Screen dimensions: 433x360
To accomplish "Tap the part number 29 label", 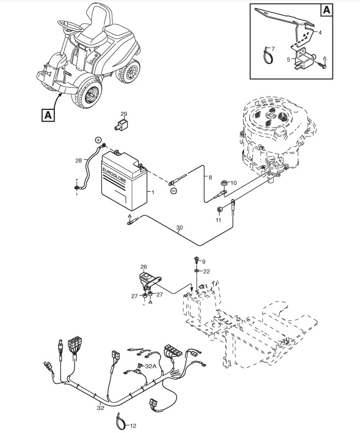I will tap(124, 114).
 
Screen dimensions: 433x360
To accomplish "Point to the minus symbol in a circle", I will tap(173, 191).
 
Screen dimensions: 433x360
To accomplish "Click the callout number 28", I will tap(78, 161).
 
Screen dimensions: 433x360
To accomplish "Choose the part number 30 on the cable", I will tap(180, 228).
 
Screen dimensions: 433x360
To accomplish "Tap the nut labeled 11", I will tap(219, 211).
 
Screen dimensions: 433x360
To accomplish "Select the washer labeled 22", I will tap(196, 270).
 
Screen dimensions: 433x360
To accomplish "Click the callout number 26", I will tap(144, 267).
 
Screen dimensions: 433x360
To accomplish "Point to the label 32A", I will tap(150, 366).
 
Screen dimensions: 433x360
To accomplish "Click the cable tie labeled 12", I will tap(119, 420).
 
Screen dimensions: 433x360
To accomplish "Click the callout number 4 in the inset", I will tap(320, 33).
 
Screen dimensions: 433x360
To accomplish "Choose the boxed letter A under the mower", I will tap(48, 115).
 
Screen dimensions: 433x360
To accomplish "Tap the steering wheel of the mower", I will tap(69, 24).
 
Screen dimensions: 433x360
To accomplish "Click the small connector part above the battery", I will tap(120, 124).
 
